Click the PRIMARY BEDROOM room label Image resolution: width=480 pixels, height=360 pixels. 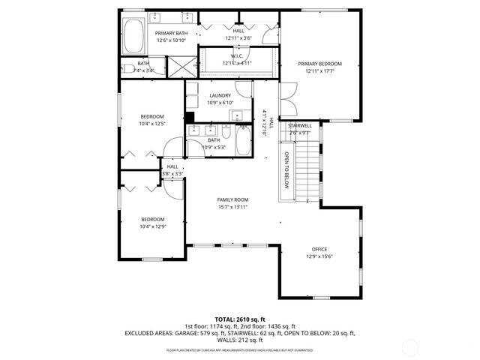[x=319, y=64]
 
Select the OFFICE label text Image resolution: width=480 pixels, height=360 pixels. [x=320, y=250]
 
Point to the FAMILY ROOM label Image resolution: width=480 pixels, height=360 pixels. [x=232, y=199]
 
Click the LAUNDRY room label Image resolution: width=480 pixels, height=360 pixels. [x=220, y=95]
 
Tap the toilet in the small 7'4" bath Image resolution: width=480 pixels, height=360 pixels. [x=126, y=70]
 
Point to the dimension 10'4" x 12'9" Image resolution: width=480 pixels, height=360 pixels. [x=152, y=226]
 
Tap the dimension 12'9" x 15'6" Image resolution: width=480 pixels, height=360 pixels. [x=320, y=256]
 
